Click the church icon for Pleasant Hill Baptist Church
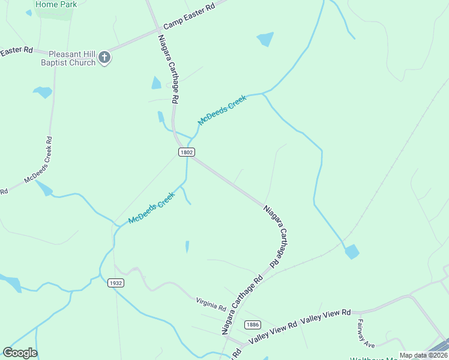pyautogui.click(x=104, y=58)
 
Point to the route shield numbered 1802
pyautogui.click(x=186, y=152)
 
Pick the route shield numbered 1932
pyautogui.click(x=116, y=283)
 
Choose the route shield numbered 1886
pyautogui.click(x=253, y=325)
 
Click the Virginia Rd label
pyautogui.click(x=211, y=305)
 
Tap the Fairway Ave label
pyautogui.click(x=366, y=334)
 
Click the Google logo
pyautogui.click(x=20, y=353)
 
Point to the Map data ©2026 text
pyautogui.click(x=423, y=355)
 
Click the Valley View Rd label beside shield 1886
pyautogui.click(x=273, y=332)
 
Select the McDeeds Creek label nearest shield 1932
pyautogui.click(x=151, y=208)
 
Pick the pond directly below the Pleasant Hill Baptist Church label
pyautogui.click(x=43, y=92)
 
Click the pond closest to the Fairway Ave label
pyautogui.click(x=351, y=251)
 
